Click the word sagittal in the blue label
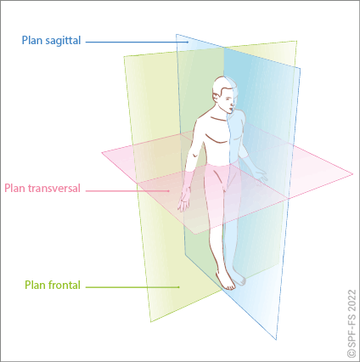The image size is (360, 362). pyautogui.click(x=63, y=41)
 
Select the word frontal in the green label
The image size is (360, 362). pyautogui.click(x=65, y=285)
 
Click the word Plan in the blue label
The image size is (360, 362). pyautogui.click(x=32, y=40)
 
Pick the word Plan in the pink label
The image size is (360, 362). pyautogui.click(x=14, y=189)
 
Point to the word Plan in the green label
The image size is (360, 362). pyautogui.click(x=36, y=286)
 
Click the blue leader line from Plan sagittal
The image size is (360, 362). pyautogui.click(x=138, y=42)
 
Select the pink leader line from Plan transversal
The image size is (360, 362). pyautogui.click(x=127, y=191)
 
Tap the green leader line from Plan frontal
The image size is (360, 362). pyautogui.click(x=132, y=287)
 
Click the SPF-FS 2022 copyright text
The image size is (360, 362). pyautogui.click(x=352, y=323)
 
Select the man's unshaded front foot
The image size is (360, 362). pyautogui.click(x=226, y=280)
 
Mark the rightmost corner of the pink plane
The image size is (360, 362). pyautogui.click(x=353, y=174)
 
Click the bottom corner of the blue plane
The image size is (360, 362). pyautogui.click(x=276, y=339)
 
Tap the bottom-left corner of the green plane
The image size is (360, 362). pyautogui.click(x=150, y=322)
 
